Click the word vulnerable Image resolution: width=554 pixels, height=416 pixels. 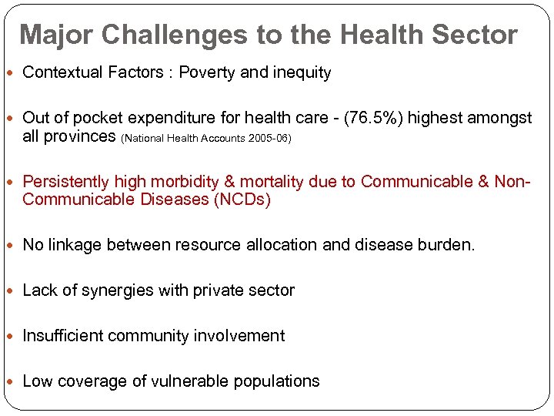[204, 381]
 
